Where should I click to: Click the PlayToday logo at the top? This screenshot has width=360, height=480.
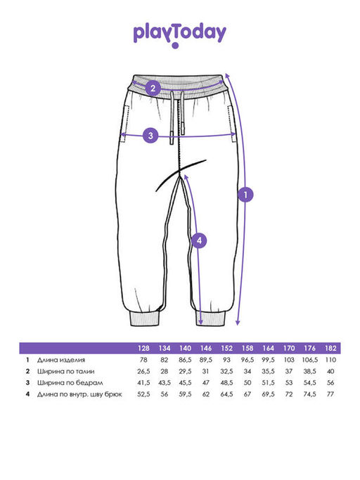pos(180,34)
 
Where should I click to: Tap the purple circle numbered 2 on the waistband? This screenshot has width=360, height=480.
pos(153,89)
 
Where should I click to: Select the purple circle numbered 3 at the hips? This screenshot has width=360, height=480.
pos(150,136)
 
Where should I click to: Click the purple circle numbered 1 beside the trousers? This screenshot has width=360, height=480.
pos(245,195)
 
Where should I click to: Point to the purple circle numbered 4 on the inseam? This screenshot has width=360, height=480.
pos(199,240)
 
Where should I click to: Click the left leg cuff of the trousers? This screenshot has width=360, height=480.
pos(146,318)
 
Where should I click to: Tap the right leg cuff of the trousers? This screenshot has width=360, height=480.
pos(211,318)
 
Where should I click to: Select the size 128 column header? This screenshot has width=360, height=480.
pos(143,348)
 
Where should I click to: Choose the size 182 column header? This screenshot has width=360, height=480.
pos(330,348)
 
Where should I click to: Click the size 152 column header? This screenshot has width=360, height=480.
pos(226,348)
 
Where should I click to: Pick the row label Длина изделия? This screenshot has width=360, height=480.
pos(61,360)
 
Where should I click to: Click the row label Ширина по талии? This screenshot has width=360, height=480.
pos(66,371)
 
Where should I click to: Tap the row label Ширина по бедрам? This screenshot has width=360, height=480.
pos(70,382)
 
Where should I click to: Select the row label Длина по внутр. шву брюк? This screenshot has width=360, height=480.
pos(79,394)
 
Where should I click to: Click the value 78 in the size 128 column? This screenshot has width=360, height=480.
pos(143,360)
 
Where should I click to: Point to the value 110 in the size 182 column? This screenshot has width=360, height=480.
pos(330,360)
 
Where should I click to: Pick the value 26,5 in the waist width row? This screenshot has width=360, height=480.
pos(143,371)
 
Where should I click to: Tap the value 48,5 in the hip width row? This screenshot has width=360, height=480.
pos(226,382)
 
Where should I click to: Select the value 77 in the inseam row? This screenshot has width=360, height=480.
pos(330,394)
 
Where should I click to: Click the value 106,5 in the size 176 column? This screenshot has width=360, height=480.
pos(310,360)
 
